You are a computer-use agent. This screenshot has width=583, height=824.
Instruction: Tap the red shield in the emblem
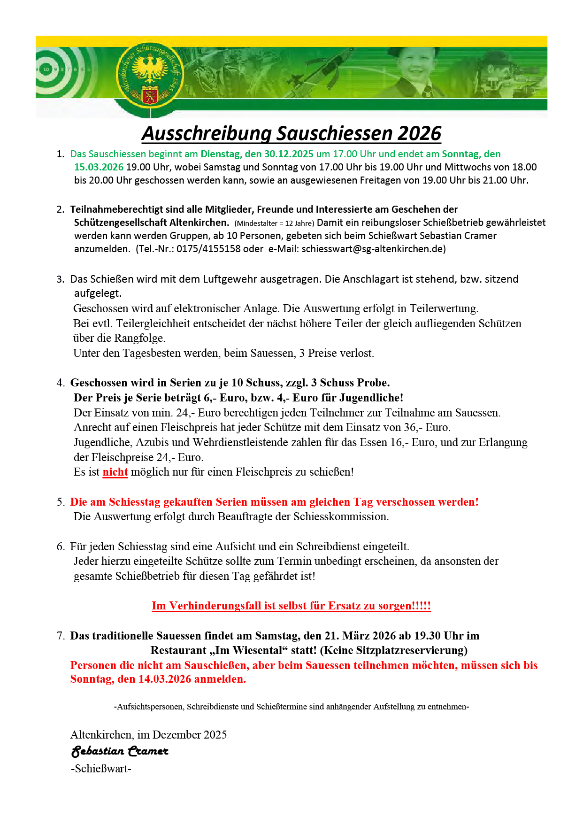pyautogui.click(x=149, y=94)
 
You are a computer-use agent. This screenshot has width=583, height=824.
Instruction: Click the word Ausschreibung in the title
pyautogui.click(x=207, y=133)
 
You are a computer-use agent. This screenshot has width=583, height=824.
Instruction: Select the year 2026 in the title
pyautogui.click(x=419, y=133)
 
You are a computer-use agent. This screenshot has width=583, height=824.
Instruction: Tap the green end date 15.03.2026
pyautogui.click(x=99, y=167)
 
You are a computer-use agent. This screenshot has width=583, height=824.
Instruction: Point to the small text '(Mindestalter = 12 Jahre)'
pyautogui.click(x=274, y=223)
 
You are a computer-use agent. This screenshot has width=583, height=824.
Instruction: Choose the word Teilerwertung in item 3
pyautogui.click(x=444, y=308)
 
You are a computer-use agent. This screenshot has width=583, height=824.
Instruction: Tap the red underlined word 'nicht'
pyautogui.click(x=115, y=472)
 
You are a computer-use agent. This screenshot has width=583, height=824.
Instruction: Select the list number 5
pyautogui.click(x=60, y=502)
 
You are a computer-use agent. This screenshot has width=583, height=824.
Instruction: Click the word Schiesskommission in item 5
pyautogui.click(x=341, y=516)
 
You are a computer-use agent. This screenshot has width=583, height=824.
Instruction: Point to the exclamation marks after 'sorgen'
pyautogui.click(x=421, y=606)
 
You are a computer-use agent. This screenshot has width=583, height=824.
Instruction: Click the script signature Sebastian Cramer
pyautogui.click(x=119, y=751)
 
